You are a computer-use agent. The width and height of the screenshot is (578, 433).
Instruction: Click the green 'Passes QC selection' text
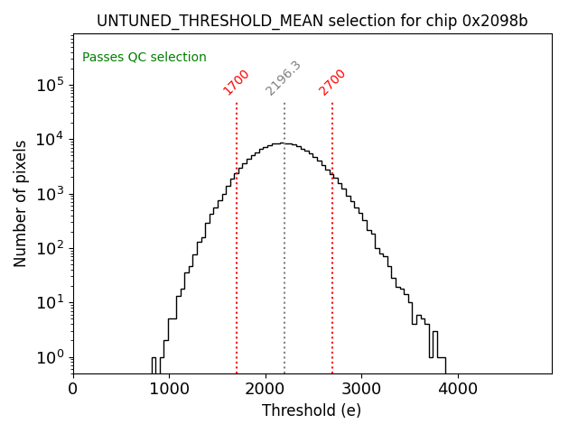pos(144,58)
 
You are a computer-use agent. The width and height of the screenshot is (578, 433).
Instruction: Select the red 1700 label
pos(236,82)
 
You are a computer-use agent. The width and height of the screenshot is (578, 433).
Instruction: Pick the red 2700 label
pos(332,82)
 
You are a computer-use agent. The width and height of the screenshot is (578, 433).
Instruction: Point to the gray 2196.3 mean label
pos(283,78)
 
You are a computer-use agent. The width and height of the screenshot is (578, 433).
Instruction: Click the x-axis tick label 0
pos(73,390)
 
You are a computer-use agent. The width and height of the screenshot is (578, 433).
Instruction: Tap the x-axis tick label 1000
pos(169,390)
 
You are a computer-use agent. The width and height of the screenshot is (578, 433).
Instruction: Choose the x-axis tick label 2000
pos(266,390)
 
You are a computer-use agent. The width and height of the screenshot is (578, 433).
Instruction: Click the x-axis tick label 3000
pos(361,390)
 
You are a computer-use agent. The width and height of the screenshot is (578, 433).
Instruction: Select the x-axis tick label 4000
pos(457,390)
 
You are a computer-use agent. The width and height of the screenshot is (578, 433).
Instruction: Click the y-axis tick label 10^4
pos(51,140)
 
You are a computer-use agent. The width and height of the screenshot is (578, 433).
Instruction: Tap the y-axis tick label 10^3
pos(51,194)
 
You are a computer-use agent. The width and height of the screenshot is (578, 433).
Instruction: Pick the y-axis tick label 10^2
pos(51,249)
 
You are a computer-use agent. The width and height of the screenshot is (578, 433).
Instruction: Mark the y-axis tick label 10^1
pos(51,303)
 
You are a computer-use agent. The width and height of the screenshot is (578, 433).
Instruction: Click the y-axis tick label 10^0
pos(51,357)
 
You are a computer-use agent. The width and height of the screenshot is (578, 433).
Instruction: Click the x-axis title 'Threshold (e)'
pos(312,410)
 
